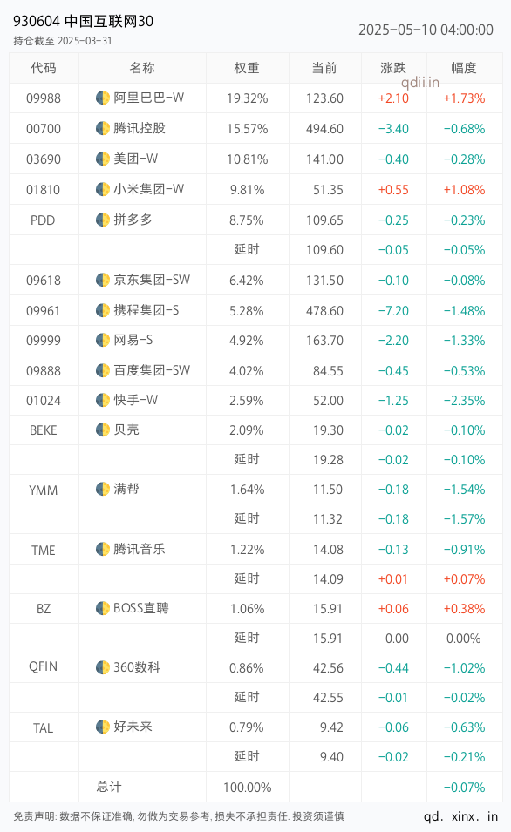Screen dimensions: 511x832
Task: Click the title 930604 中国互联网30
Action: (84, 21)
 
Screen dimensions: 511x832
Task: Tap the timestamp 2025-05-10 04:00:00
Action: (426, 30)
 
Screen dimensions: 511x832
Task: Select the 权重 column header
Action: (247, 68)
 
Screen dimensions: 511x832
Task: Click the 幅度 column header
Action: (464, 68)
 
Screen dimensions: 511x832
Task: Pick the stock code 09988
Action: (44, 98)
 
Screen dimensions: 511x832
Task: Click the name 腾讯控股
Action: (140, 128)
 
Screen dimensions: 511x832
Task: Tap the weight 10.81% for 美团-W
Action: (248, 159)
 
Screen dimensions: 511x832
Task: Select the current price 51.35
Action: (328, 190)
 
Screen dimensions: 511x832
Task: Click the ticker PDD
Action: (43, 220)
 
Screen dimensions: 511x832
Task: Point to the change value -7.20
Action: (393, 311)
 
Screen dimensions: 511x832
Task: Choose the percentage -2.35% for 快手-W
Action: (464, 401)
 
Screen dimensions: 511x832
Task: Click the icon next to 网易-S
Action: (103, 340)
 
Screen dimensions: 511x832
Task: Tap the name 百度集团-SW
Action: (152, 370)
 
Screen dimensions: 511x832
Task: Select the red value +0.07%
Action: (464, 578)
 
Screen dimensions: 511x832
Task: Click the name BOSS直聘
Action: (140, 608)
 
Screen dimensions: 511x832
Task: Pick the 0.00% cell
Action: (464, 639)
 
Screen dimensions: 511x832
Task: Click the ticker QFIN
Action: (43, 667)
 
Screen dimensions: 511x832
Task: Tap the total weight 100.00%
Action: (248, 788)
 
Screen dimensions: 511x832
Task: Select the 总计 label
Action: (109, 787)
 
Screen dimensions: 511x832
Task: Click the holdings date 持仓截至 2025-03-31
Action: (63, 41)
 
